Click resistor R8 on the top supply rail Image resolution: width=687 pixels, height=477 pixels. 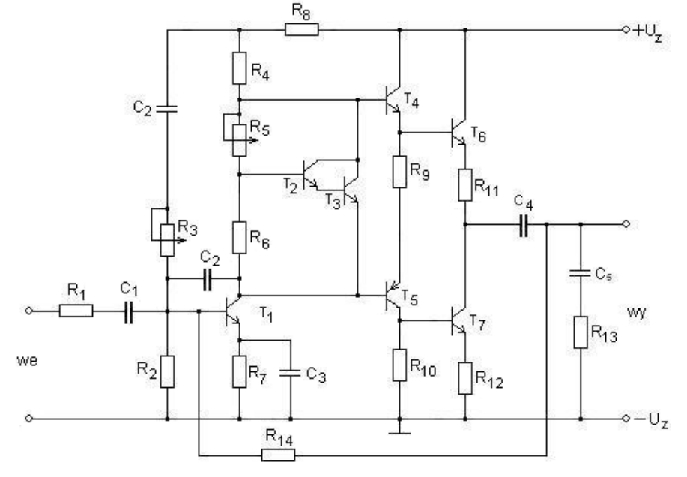click(x=301, y=30)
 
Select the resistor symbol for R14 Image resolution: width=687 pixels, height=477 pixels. click(x=278, y=455)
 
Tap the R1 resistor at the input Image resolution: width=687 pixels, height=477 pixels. click(x=76, y=310)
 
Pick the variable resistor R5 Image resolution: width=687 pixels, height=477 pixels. click(x=239, y=139)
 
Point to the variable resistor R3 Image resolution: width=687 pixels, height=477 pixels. click(x=167, y=239)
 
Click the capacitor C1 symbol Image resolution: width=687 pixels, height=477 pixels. click(x=128, y=311)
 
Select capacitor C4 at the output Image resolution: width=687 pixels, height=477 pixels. click(x=523, y=224)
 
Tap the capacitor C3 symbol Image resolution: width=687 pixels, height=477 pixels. click(x=290, y=373)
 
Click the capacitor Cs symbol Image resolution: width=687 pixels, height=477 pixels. click(x=581, y=273)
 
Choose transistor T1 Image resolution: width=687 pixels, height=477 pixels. click(x=232, y=310)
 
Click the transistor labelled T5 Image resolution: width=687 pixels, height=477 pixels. click(x=393, y=296)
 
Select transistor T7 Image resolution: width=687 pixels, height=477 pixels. click(x=458, y=321)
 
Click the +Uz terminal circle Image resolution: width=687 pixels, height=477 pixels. click(x=626, y=30)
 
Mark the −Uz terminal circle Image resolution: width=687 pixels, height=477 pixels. click(x=626, y=418)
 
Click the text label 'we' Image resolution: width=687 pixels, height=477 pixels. click(x=27, y=361)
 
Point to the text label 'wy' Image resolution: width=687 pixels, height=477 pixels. click(x=636, y=313)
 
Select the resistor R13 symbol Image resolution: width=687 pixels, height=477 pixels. click(x=581, y=332)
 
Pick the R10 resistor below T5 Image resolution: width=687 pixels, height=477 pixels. click(x=399, y=364)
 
